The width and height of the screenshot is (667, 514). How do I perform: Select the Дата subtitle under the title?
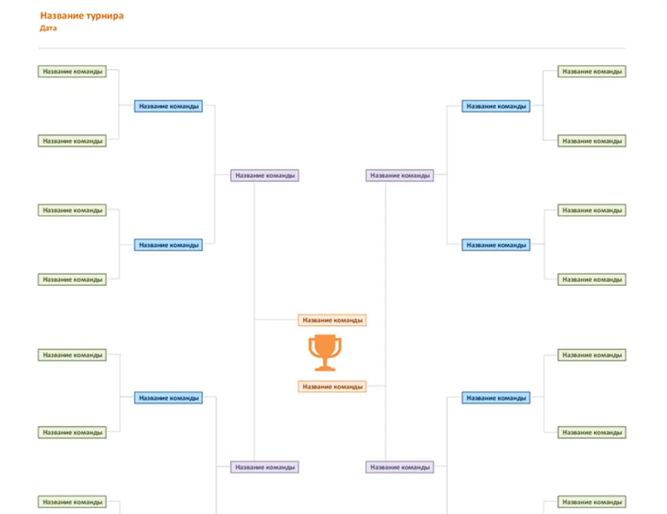48,28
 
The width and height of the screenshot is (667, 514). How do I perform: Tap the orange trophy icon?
325,353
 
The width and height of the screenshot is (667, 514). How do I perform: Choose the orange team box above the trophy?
332,320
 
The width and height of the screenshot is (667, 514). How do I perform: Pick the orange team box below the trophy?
332,387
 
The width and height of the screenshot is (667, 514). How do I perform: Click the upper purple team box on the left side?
265,175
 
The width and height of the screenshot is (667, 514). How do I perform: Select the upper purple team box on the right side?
400,175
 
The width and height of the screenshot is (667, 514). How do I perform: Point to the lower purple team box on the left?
265,467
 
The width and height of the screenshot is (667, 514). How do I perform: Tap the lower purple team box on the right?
400,467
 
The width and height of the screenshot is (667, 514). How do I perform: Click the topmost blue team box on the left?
168,106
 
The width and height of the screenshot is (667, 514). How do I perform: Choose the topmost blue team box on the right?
495,106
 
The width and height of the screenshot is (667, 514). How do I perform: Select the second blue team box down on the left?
168,245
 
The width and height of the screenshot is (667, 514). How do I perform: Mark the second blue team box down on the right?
495,245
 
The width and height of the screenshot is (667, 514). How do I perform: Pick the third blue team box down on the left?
168,398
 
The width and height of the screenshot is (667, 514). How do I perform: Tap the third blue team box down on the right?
495,398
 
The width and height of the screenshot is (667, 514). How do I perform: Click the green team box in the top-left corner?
72,71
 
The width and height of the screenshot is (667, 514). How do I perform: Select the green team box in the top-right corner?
591,71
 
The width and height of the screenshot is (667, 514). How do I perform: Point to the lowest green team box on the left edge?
72,502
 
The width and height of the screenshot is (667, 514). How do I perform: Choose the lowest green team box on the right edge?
591,502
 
